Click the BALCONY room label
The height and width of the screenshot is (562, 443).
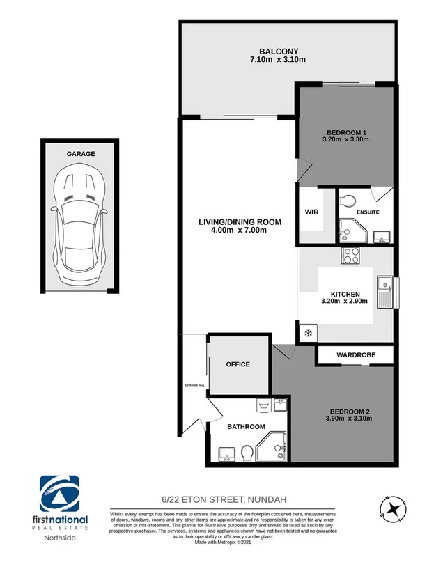click(278, 51)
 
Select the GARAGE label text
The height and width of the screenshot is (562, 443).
click(81, 154)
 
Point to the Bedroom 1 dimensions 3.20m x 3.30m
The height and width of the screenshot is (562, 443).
click(345, 140)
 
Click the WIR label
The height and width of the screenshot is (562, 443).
click(311, 212)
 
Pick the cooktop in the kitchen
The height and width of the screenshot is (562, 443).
click(350, 255)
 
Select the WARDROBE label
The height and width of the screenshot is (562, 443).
click(355, 354)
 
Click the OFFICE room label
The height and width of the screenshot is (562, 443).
click(238, 364)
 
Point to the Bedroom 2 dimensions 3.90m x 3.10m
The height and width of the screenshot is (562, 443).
click(348, 419)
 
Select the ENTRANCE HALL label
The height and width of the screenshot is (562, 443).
click(194, 385)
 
